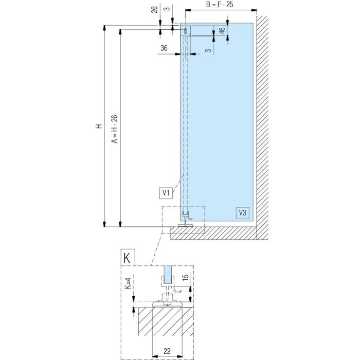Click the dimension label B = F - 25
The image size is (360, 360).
point(220,4)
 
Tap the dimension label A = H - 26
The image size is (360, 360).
point(114,129)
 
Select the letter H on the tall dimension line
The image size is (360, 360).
point(99,126)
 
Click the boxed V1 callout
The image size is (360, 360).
point(166,193)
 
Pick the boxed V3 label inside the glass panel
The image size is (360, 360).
point(242,213)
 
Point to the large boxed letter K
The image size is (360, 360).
point(128,258)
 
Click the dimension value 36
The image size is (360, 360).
point(164,48)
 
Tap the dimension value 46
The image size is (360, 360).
point(222,30)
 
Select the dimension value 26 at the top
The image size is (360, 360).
point(154,9)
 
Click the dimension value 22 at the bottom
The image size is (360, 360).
point(167,351)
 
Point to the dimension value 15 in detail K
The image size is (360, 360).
point(186,276)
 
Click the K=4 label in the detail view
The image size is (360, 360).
point(128,283)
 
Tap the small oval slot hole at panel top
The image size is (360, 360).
point(186,31)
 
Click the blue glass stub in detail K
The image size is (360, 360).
point(168,275)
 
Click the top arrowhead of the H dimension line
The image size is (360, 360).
point(104,28)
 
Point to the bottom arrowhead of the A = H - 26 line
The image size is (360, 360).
point(120,224)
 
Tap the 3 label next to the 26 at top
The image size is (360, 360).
point(168,8)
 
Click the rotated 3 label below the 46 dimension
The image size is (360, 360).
point(208,50)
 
